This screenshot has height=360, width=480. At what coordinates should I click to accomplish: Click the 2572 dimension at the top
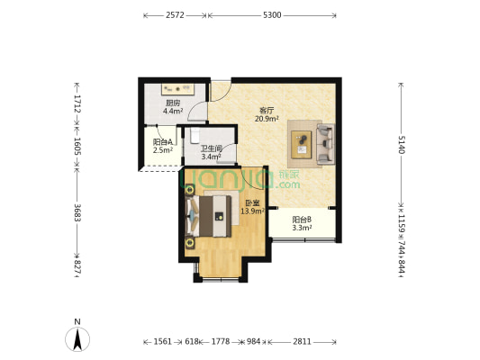pyautogui.click(x=175, y=15)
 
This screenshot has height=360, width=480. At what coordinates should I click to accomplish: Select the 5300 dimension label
pyautogui.click(x=272, y=15)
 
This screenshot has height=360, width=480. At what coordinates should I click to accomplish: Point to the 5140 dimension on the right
pyautogui.click(x=402, y=144)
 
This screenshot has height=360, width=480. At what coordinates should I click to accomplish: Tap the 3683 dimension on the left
pyautogui.click(x=77, y=212)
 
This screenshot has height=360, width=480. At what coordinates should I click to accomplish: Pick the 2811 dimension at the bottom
pyautogui.click(x=302, y=341)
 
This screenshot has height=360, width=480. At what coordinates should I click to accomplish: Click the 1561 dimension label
pyautogui.click(x=162, y=341)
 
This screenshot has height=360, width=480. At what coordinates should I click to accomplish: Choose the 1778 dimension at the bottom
pyautogui.click(x=221, y=341)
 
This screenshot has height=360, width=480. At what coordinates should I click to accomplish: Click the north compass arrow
pyautogui.click(x=77, y=339)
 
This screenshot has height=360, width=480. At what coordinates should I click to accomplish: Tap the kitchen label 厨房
pyautogui.click(x=173, y=103)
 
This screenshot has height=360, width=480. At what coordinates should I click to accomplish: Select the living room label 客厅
pyautogui.click(x=267, y=111)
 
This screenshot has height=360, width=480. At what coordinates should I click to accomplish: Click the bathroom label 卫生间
pyautogui.click(x=212, y=149)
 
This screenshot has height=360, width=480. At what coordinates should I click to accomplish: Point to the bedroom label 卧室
pyautogui.click(x=252, y=202)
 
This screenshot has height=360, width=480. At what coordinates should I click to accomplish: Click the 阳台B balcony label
pyautogui.click(x=302, y=220)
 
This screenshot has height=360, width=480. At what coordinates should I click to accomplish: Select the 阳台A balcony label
pyautogui.click(x=163, y=142)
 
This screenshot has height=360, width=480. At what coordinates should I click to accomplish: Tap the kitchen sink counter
pyautogui.click(x=177, y=89)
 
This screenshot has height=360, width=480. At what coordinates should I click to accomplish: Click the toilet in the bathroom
pyautogui.click(x=195, y=136)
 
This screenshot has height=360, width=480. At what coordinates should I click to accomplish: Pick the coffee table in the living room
pyautogui.click(x=301, y=144)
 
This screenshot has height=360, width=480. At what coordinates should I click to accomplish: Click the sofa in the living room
pyautogui.click(x=325, y=143)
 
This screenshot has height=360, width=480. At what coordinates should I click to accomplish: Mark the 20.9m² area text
pyautogui.click(x=267, y=119)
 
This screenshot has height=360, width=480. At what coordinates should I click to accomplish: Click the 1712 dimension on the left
pyautogui.click(x=77, y=103)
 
